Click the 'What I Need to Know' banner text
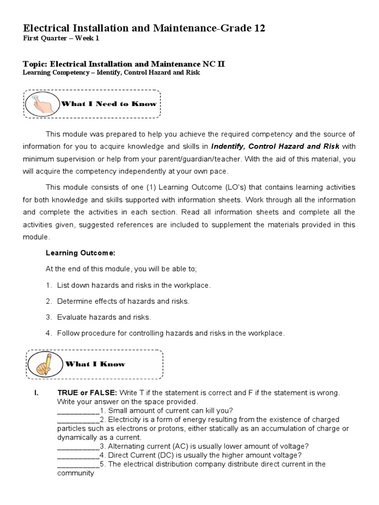click(108, 104)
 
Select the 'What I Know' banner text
click(95, 364)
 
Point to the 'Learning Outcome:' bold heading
click(80, 253)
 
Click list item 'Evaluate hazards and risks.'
click(104, 317)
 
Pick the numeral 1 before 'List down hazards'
click(48, 286)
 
